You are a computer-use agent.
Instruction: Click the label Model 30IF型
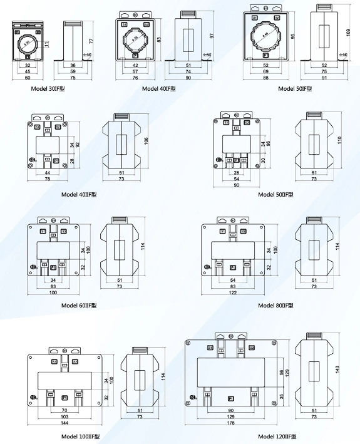(x=48, y=88)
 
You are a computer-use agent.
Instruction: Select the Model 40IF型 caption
(x=159, y=88)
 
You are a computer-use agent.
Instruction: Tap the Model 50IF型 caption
(x=295, y=88)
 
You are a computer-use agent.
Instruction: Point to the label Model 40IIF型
(x=79, y=194)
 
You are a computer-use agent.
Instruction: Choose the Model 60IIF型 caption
(x=79, y=306)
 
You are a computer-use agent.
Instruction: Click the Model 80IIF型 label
(x=275, y=306)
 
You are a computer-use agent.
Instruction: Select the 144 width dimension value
(x=64, y=424)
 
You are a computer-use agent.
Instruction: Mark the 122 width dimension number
(x=232, y=292)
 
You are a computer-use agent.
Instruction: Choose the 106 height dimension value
(x=146, y=142)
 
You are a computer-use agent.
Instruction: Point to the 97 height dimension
(x=212, y=36)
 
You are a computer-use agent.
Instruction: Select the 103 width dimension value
(x=64, y=416)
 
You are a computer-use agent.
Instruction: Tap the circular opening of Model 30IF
(x=26, y=43)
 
